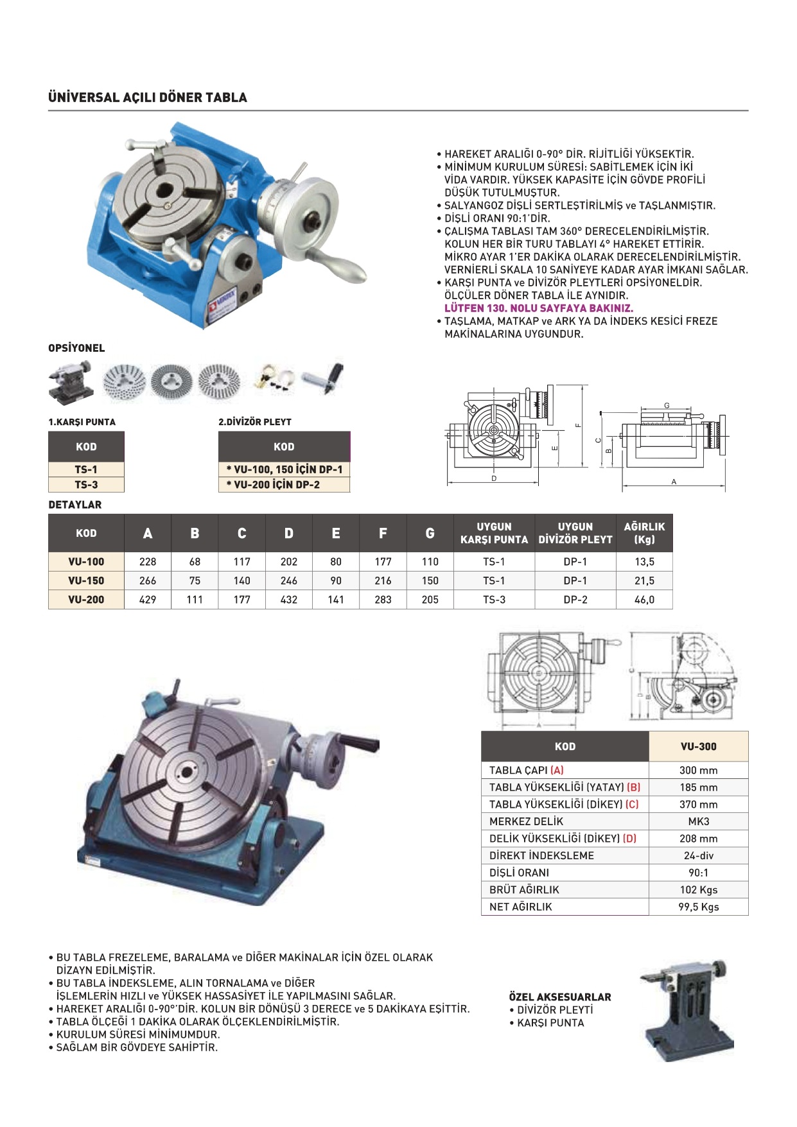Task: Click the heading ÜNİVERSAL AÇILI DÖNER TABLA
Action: click(x=148, y=98)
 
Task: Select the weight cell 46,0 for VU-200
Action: click(x=644, y=600)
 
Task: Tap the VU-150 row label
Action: click(x=86, y=581)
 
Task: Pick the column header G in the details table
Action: click(x=430, y=533)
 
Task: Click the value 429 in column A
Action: click(x=148, y=600)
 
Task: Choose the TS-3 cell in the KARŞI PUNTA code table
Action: click(x=86, y=485)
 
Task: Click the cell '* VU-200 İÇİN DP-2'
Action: click(x=284, y=485)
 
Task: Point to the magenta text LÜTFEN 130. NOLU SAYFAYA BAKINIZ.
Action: click(x=539, y=308)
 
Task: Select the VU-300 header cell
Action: click(x=698, y=746)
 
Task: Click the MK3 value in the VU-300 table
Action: click(x=698, y=821)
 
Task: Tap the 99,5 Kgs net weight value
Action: click(x=698, y=907)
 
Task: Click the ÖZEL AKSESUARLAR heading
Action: click(x=560, y=997)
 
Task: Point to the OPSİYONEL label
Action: click(x=76, y=348)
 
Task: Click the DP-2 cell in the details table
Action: click(x=575, y=600)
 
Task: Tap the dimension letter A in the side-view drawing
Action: click(x=674, y=482)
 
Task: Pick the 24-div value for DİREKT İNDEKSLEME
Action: click(x=698, y=855)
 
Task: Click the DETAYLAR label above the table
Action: click(x=75, y=505)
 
